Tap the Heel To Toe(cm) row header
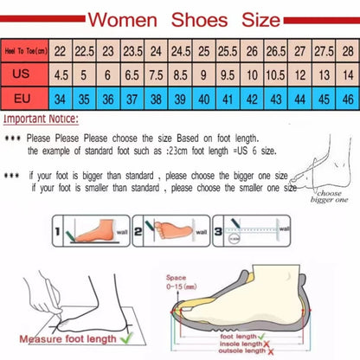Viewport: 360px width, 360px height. click(24, 52)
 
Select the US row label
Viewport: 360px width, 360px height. click(25, 75)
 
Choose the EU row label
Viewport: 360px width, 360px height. click(25, 99)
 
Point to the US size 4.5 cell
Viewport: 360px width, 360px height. click(61, 75)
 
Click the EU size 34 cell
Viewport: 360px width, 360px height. click(61, 99)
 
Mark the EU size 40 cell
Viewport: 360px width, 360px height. click(204, 99)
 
